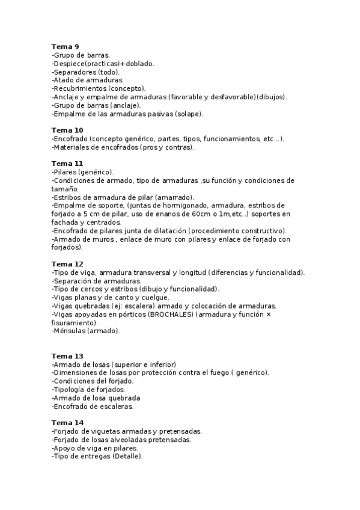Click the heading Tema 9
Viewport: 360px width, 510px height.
pyautogui.click(x=65, y=46)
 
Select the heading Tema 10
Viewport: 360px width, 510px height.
pyautogui.click(x=67, y=130)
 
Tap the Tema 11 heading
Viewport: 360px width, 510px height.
pyautogui.click(x=67, y=164)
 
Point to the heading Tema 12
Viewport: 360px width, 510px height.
pyautogui.click(x=67, y=264)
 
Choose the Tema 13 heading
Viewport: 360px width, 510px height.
pyautogui.click(x=67, y=356)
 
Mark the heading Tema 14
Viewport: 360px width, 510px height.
pyautogui.click(x=67, y=423)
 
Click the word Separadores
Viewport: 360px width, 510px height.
pyautogui.click(x=75, y=72)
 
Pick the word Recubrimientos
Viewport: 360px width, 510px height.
pyautogui.click(x=80, y=88)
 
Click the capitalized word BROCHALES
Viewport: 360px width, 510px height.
pyautogui.click(x=171, y=315)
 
